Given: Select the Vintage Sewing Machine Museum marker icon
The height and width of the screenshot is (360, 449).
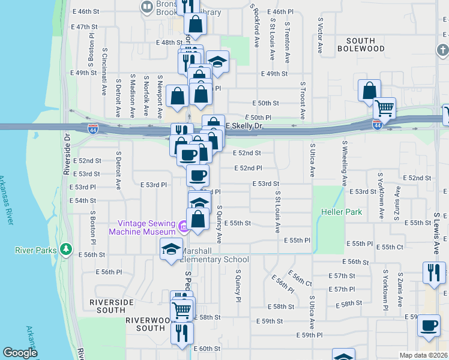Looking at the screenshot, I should (x=184, y=226).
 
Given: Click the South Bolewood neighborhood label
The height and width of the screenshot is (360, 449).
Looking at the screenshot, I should (x=360, y=44).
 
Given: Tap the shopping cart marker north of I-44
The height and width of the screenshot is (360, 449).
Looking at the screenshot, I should (x=384, y=109).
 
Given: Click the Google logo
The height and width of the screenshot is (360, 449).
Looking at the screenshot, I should (x=20, y=353).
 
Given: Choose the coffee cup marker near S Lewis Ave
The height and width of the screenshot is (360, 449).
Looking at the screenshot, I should (x=428, y=325).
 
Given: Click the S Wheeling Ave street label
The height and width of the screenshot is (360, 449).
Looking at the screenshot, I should (x=345, y=163).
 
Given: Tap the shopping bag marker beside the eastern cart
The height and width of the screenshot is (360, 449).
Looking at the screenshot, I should (x=369, y=91).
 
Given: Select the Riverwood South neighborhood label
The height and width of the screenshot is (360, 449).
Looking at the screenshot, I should (x=146, y=324).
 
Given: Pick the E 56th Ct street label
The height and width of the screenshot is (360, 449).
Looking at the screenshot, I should (x=300, y=274).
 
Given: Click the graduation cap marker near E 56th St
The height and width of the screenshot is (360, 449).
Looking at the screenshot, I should (x=171, y=248).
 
